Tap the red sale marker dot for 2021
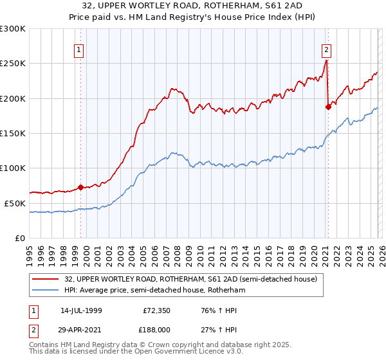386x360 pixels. (328, 107)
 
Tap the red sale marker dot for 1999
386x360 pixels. (80, 188)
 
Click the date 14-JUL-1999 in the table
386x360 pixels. (82, 310)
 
